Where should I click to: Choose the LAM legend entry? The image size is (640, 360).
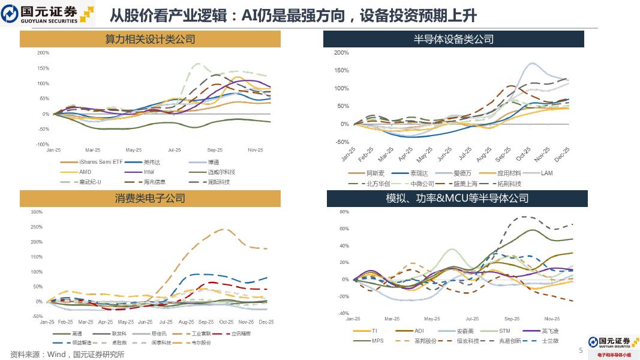pyautogui.click(x=546, y=173)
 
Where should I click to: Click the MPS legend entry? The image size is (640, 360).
pyautogui.click(x=377, y=341)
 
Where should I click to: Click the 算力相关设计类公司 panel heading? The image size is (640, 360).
pyautogui.click(x=150, y=40)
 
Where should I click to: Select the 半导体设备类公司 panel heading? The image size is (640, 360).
pyautogui.click(x=453, y=40)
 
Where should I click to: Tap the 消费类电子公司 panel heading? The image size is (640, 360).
pyautogui.click(x=150, y=199)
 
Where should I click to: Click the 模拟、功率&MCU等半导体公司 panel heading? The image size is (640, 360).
pyautogui.click(x=457, y=199)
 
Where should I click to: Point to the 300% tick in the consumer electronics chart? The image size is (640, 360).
pyautogui.click(x=36, y=212)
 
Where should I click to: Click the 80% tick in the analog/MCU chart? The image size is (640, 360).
pyautogui.click(x=344, y=212)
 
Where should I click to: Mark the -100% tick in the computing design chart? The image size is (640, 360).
pyautogui.click(x=42, y=145)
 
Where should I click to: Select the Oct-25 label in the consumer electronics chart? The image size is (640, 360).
pyautogui.click(x=226, y=322)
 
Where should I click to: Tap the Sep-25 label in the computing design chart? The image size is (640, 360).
pyautogui.click(x=215, y=150)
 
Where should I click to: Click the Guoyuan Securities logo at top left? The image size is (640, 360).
pyautogui.click(x=48, y=14)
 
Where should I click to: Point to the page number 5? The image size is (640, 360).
pyautogui.click(x=580, y=350)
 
